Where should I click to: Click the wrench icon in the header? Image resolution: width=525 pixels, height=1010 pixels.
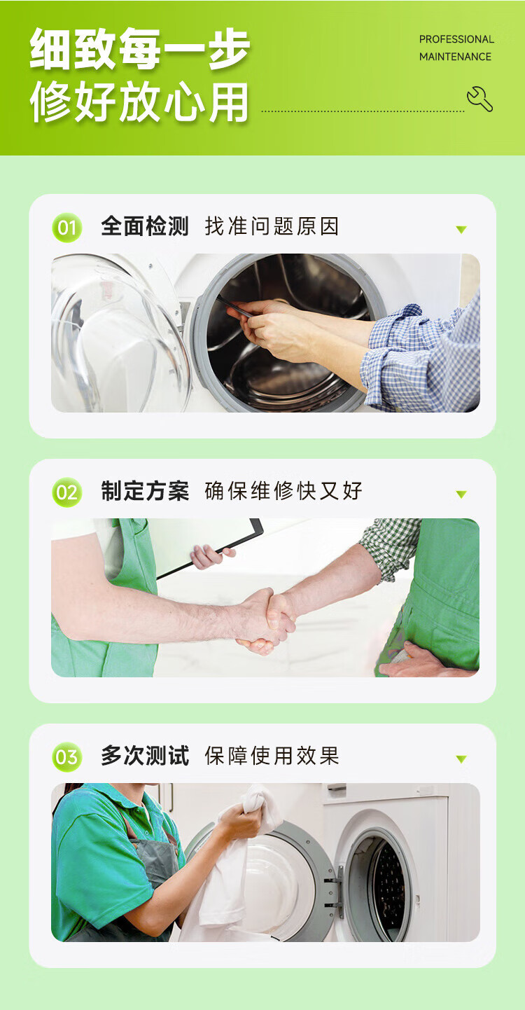click(479, 99)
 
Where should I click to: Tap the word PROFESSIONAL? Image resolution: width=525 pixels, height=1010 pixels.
click(456, 39)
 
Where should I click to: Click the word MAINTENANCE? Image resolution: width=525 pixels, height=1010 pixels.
click(455, 57)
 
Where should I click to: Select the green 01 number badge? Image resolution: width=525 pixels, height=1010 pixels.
click(67, 228)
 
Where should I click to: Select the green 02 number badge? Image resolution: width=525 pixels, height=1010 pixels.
click(67, 492)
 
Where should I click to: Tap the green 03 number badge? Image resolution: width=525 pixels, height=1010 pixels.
click(67, 757)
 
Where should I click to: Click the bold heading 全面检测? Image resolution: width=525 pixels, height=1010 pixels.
click(145, 226)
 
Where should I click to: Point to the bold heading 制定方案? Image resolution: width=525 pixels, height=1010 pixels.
click(145, 490)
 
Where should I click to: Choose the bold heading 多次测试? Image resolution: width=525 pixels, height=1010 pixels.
click(145, 755)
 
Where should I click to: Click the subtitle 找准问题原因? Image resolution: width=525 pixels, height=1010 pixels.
click(272, 226)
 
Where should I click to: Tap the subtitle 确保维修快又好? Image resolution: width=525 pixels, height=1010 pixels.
click(283, 490)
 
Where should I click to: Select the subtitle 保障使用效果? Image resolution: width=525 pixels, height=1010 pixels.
click(272, 755)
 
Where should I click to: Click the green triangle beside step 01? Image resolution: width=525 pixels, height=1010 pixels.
click(461, 230)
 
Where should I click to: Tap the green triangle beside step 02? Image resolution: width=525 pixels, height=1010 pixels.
click(461, 494)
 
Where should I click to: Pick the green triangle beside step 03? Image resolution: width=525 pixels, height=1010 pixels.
click(461, 759)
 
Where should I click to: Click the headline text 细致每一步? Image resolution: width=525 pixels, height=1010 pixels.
click(140, 49)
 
